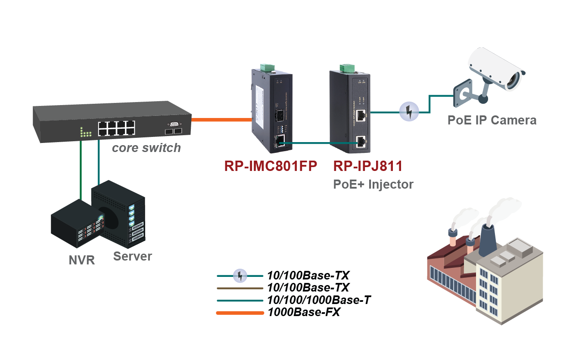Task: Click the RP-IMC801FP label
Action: click(271, 166)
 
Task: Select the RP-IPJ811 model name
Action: click(368, 166)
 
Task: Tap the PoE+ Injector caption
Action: click(373, 184)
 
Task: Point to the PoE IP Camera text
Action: click(492, 120)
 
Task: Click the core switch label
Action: click(146, 148)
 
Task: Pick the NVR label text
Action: click(82, 260)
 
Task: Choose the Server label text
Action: click(133, 256)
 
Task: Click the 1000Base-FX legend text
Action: click(304, 313)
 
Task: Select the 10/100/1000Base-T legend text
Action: click(319, 300)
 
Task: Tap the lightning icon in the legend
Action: click(240, 276)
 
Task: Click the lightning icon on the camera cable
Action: click(409, 112)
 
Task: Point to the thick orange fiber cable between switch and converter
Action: click(221, 119)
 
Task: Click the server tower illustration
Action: click(121, 213)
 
